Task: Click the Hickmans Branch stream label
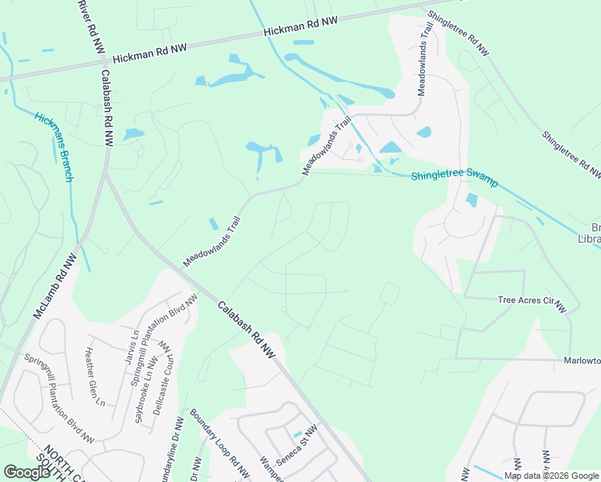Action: coord(54,147)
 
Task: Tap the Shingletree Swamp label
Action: coord(454,180)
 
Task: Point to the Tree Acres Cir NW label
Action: coord(532,303)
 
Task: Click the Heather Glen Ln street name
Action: coord(95,378)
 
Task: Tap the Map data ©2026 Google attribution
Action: coord(550,476)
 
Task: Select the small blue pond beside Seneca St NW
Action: coord(296,434)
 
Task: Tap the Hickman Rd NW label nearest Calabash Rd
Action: coord(149,54)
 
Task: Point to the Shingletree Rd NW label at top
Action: coord(458,33)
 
